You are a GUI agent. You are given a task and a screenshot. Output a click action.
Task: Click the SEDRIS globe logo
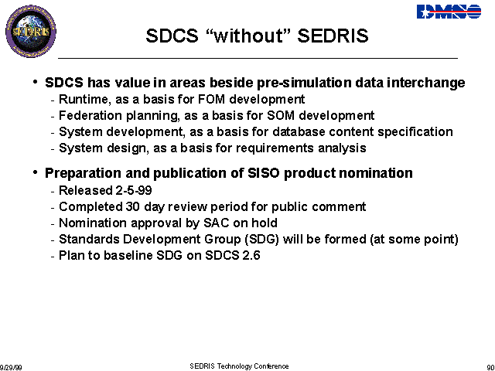point(31,31)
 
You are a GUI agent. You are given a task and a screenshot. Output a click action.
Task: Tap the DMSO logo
point(449,12)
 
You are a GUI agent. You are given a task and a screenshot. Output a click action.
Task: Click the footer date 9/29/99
point(11,368)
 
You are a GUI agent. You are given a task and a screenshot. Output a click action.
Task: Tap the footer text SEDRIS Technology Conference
point(239,366)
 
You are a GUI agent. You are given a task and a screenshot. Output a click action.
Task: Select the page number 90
point(491,368)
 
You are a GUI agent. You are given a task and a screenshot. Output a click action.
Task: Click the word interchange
point(426,83)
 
